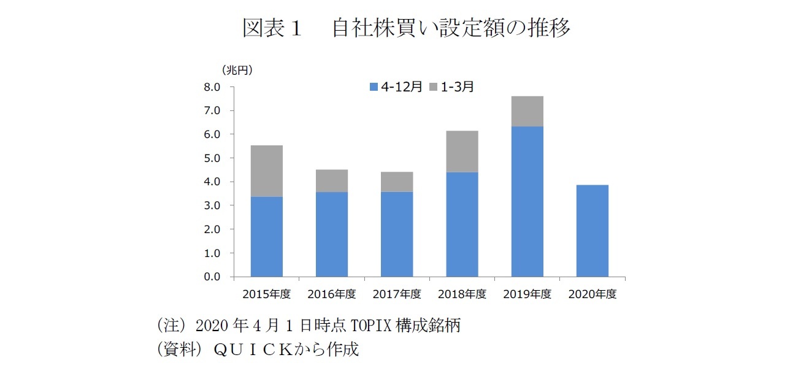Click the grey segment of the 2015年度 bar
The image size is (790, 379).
(x=267, y=170)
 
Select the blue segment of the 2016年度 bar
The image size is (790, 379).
(x=332, y=234)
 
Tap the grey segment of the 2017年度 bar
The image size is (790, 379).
(x=397, y=182)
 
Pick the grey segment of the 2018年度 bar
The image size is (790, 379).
(x=462, y=151)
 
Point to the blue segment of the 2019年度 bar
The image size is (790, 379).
(x=527, y=201)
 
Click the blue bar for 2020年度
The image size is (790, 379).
(x=592, y=231)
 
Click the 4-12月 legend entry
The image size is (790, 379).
(x=396, y=87)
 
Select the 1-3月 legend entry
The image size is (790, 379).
(x=453, y=87)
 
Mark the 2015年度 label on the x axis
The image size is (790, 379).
(x=266, y=294)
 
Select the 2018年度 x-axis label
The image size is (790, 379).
(x=462, y=294)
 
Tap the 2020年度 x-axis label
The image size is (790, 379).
(x=592, y=294)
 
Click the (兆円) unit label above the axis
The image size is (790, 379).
(x=237, y=70)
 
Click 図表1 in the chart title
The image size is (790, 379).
(x=272, y=28)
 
